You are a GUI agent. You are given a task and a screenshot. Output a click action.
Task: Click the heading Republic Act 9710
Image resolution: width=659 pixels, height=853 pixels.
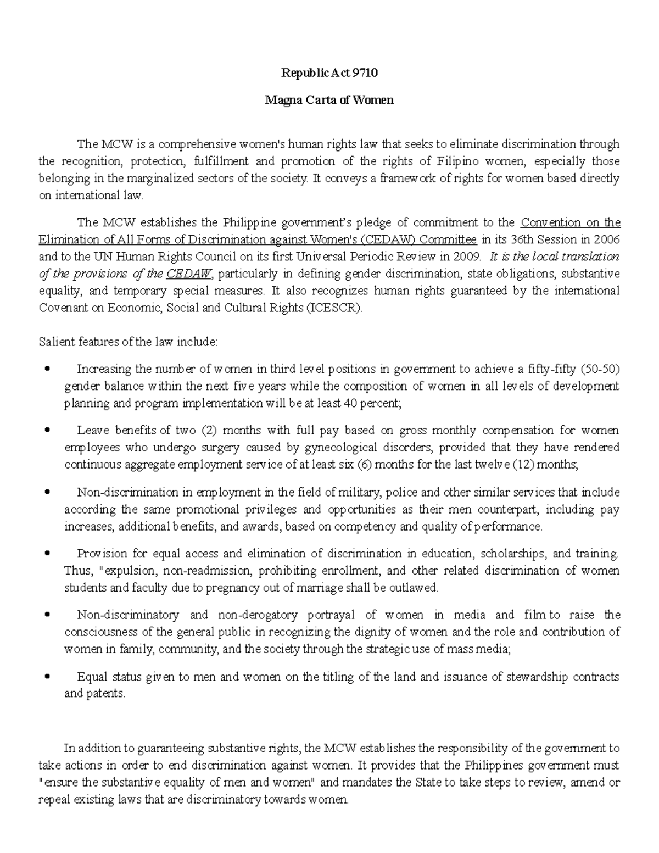329,73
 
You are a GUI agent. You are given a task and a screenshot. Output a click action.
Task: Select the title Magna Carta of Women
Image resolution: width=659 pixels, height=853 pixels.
329,101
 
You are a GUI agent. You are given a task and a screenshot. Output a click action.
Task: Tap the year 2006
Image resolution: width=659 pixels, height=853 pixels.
605,239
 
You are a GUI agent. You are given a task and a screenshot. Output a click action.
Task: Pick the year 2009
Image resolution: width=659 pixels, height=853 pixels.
466,257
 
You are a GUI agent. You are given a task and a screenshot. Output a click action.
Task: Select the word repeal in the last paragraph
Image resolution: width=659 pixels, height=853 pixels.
53,799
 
